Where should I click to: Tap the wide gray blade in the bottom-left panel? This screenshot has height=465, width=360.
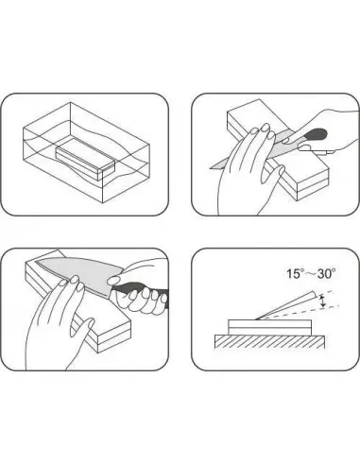[x=80, y=280]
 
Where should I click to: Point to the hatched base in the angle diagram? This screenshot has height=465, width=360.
[x=269, y=341]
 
